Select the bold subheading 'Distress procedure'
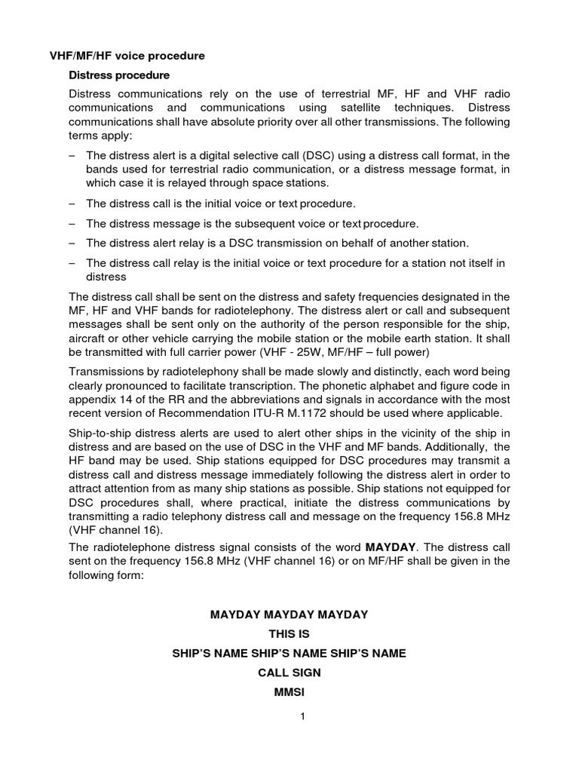(x=119, y=75)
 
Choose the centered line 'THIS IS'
(x=289, y=634)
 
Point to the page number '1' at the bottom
(x=302, y=717)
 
